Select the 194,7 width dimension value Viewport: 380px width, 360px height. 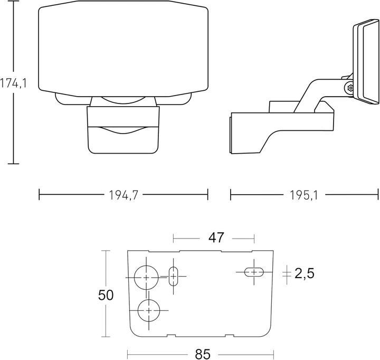click(x=123, y=195)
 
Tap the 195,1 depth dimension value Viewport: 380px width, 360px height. click(x=303, y=195)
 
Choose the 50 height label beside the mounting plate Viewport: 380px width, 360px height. click(x=106, y=295)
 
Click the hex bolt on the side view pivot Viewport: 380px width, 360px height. click(x=349, y=89)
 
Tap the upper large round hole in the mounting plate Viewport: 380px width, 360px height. click(x=146, y=277)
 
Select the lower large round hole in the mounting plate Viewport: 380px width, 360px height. click(x=149, y=310)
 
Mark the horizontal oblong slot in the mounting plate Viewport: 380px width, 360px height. click(x=254, y=272)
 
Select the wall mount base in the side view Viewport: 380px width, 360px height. click(x=274, y=129)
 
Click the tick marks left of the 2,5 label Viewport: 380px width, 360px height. click(x=286, y=273)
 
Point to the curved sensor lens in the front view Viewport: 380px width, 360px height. click(x=122, y=129)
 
